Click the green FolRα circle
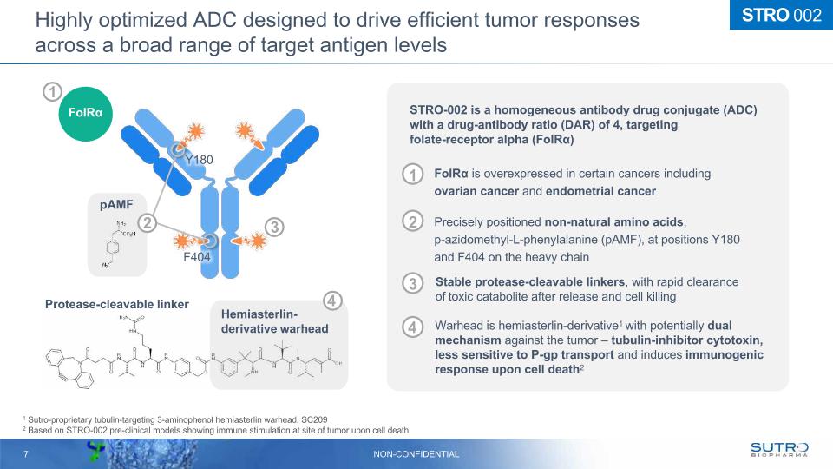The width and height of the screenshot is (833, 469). (86, 114)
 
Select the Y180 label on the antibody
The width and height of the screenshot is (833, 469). (199, 160)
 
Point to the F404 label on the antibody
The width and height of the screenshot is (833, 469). (196, 257)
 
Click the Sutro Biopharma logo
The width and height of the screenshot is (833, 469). (778, 449)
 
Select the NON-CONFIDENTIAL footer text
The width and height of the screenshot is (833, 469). (416, 454)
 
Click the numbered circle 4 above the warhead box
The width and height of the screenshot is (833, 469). (333, 301)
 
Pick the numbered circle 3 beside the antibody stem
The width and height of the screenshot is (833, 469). (273, 228)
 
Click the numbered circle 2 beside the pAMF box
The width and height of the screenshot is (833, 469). (148, 223)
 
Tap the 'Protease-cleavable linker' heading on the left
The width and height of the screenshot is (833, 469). (116, 304)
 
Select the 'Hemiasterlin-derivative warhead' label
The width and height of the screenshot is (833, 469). (274, 321)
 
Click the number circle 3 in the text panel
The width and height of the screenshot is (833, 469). (414, 284)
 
